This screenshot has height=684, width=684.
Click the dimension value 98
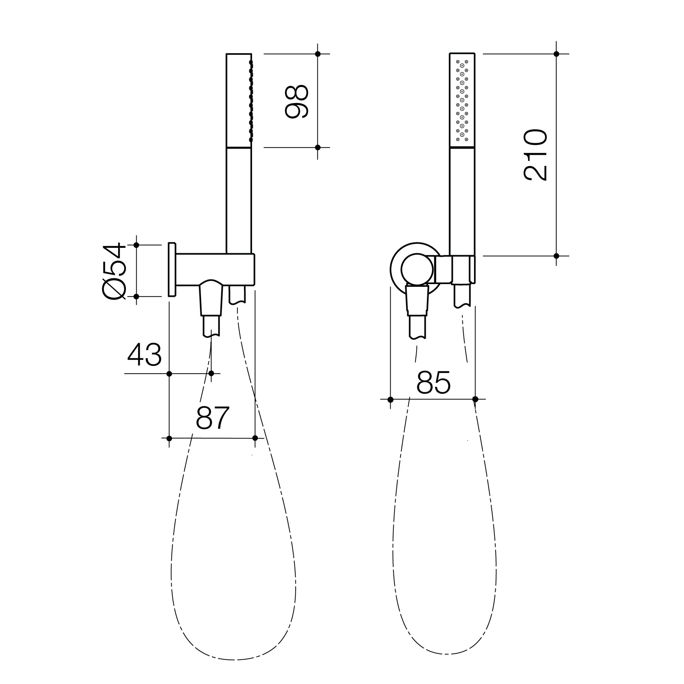coord(296,102)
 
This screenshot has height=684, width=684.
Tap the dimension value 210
coord(535,155)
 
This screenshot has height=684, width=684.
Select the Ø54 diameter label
coord(114,271)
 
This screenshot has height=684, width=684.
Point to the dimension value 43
coord(144,355)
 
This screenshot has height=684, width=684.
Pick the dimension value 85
coord(433,382)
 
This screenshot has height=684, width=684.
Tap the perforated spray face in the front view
coord(462,101)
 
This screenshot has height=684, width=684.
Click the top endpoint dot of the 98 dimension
coord(318,54)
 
